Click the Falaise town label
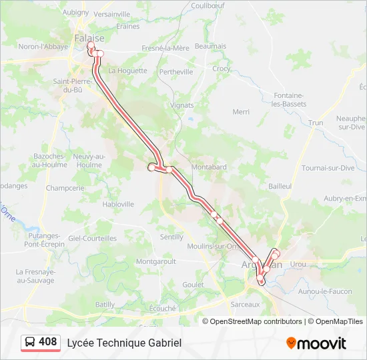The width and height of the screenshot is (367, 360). point(89,38)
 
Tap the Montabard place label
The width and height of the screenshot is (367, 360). point(209,167)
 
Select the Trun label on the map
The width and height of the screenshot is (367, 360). point(316,123)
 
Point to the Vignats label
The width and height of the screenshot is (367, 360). point(181,105)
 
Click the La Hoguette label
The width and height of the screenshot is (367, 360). point(127,70)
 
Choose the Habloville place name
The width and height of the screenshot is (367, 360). point(118,204)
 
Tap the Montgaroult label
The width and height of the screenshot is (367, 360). point(155,262)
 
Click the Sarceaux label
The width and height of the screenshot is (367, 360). point(244,304)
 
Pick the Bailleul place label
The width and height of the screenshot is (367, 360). point(280,187)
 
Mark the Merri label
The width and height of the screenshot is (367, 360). point(241,112)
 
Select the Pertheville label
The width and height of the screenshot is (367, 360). point(176,72)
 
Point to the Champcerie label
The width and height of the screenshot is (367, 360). point(65,188)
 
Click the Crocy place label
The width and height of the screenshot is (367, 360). point(222,69)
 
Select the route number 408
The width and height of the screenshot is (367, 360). point(48,342)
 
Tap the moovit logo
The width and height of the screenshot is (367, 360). point(316,343)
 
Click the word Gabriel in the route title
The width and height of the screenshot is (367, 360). point(163,343)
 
